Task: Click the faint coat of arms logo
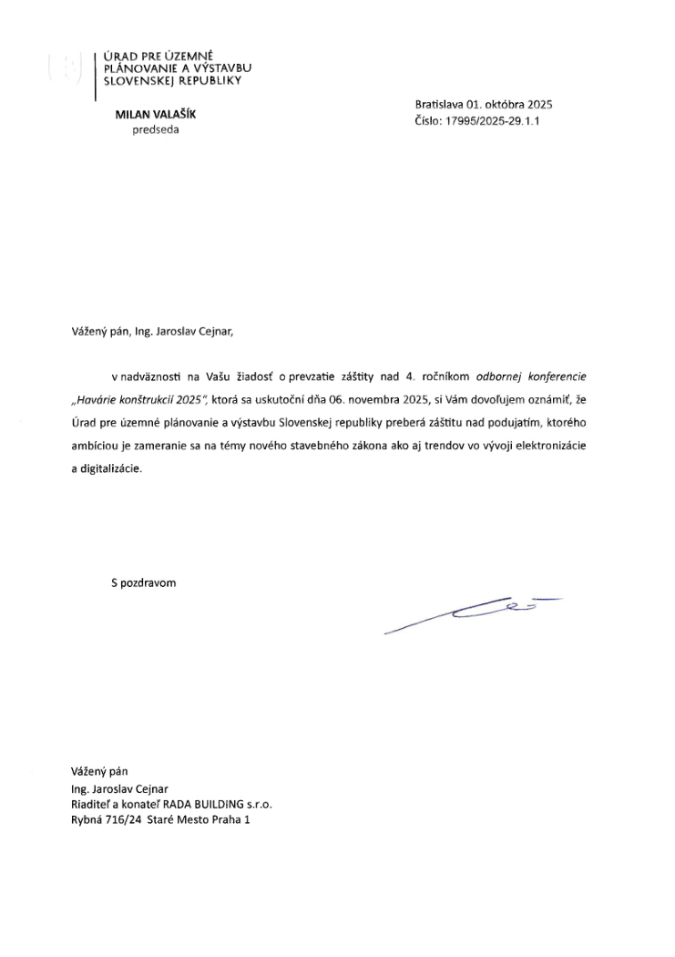pos(65,70)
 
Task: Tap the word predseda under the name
pos(156,129)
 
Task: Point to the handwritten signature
pos(474,612)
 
